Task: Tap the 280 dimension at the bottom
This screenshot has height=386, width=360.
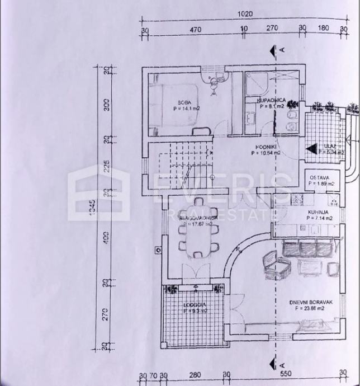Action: (194, 375)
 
